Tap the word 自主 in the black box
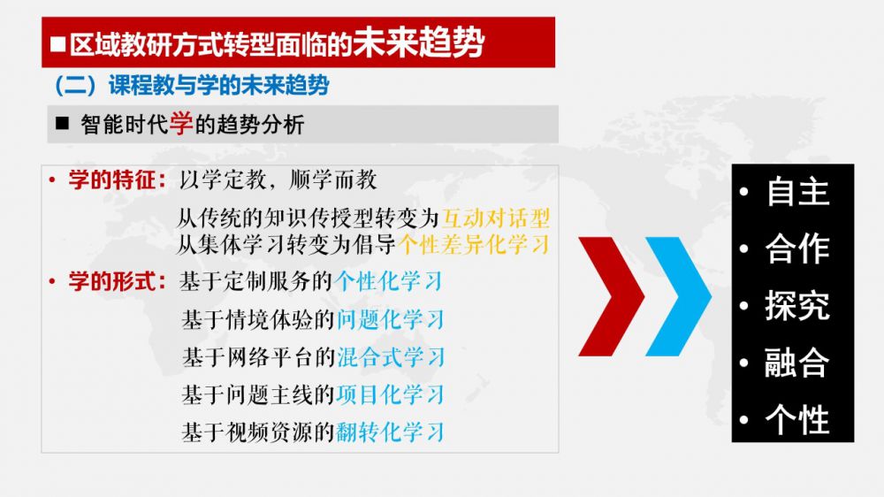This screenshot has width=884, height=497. (797, 192)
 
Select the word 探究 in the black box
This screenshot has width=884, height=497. (797, 305)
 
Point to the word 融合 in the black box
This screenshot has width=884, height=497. (796, 363)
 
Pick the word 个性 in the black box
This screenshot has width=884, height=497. (797, 420)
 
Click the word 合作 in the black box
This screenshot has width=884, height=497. (797, 248)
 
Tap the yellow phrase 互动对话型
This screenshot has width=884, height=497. (496, 218)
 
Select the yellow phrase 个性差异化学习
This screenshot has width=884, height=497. (474, 244)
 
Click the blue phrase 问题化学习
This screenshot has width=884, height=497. (390, 320)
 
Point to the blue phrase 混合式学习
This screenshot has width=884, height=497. (391, 357)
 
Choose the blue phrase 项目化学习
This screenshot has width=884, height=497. (390, 395)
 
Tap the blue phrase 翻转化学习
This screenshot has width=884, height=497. (390, 432)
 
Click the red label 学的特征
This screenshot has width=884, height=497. (111, 180)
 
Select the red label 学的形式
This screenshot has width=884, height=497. (111, 281)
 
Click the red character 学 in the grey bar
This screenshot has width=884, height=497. (181, 124)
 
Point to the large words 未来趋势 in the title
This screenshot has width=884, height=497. (419, 42)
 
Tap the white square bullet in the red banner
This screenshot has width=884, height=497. (58, 44)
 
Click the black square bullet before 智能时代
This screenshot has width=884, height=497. (62, 124)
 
